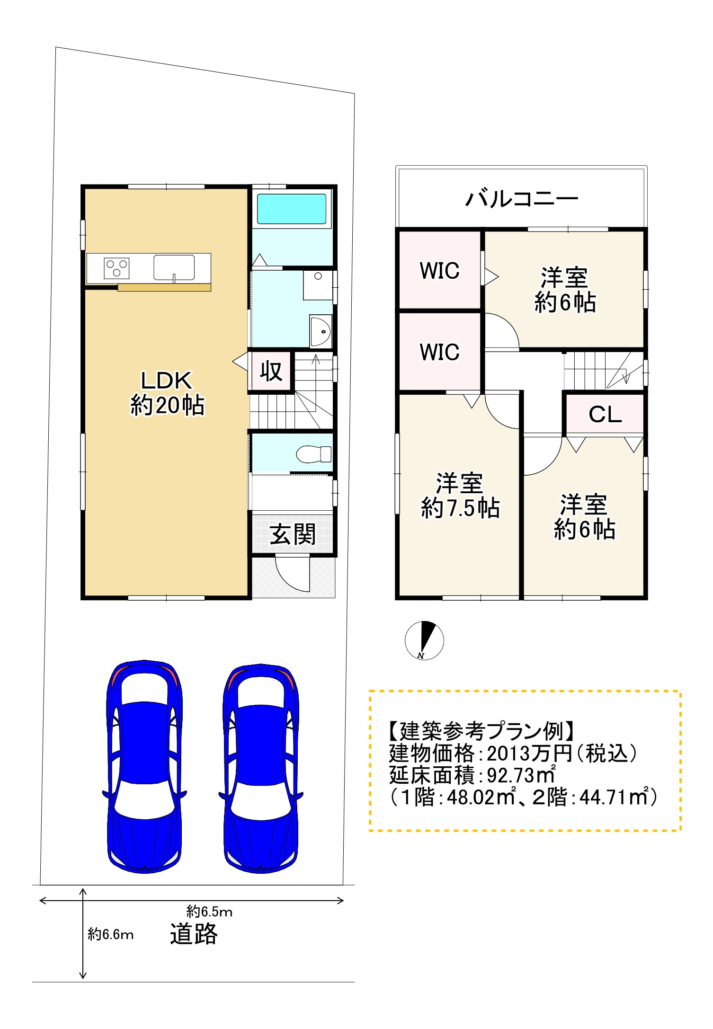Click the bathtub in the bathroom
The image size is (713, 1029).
click(292, 209)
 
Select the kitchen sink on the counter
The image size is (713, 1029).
click(174, 267)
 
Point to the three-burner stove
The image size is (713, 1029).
click(116, 268)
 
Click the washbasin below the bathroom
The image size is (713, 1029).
click(321, 331)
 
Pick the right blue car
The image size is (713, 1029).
click(260, 768)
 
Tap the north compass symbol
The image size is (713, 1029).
click(424, 640)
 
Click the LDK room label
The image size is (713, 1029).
click(166, 381)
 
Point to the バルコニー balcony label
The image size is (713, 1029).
click(522, 199)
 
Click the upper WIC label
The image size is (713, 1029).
click(439, 271)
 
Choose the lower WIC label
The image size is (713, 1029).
click(439, 352)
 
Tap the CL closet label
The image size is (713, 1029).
click(605, 415)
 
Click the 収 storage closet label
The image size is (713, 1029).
click(271, 372)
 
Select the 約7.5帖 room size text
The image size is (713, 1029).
click(461, 508)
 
